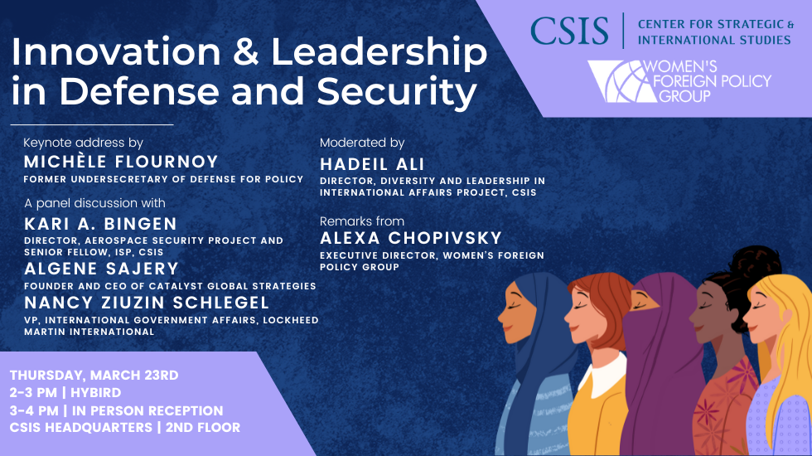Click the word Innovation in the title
coord(116,51)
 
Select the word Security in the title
coord(397,92)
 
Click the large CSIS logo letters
coord(569,32)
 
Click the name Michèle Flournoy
coord(121,162)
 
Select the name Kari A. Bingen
coord(100,224)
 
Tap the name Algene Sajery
coord(101,269)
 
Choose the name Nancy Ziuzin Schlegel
coord(147,303)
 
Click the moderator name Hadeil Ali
coord(372,164)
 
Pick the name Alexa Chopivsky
coord(411,238)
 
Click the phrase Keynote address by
coord(84,143)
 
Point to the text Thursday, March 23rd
coord(94,375)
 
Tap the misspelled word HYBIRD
coord(96,393)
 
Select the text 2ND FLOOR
coord(203,428)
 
